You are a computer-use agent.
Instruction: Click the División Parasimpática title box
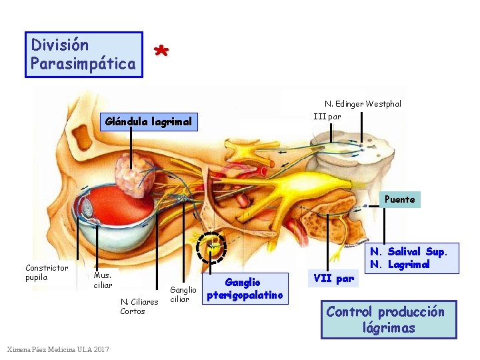pyautogui.click(x=84, y=55)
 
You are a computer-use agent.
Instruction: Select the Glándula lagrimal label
pyautogui.click(x=149, y=121)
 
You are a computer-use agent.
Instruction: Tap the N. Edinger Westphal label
pyautogui.click(x=363, y=103)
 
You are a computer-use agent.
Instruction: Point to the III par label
pyautogui.click(x=327, y=116)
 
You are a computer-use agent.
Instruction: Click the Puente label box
pyautogui.click(x=400, y=199)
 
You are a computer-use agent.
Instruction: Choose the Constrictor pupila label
pyautogui.click(x=47, y=273)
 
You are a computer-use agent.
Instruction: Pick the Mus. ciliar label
pyautogui.click(x=103, y=280)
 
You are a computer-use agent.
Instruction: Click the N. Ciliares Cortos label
pyautogui.click(x=139, y=306)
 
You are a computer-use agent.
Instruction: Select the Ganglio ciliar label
pyautogui.click(x=183, y=294)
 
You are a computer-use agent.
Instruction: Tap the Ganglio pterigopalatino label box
pyautogui.click(x=247, y=289)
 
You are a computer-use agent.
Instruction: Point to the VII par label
pyautogui.click(x=335, y=279)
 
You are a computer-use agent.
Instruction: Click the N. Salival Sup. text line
pyautogui.click(x=414, y=251)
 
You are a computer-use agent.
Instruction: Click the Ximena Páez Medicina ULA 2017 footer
pyautogui.click(x=59, y=349)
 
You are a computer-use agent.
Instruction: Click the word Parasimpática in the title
pyautogui.click(x=83, y=63)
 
